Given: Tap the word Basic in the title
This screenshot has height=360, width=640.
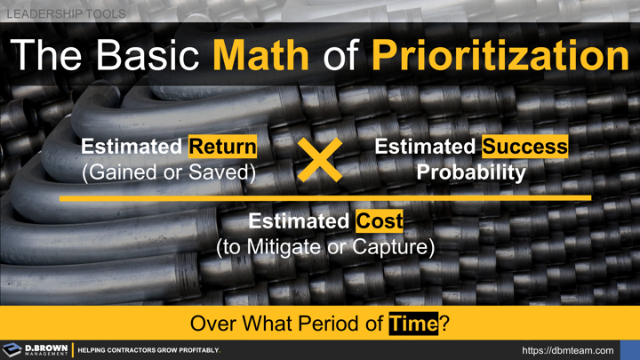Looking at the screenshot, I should (x=144, y=56).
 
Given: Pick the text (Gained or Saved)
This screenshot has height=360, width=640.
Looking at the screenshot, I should (x=169, y=172).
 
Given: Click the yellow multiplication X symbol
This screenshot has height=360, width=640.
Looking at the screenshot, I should (x=321, y=160).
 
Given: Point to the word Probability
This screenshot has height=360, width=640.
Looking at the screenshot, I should (x=471, y=172).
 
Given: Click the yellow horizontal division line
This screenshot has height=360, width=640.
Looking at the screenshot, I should (x=325, y=198).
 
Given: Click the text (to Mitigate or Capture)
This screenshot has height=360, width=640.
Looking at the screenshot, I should (x=325, y=247).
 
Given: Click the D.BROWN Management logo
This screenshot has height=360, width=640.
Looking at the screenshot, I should (x=36, y=350).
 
